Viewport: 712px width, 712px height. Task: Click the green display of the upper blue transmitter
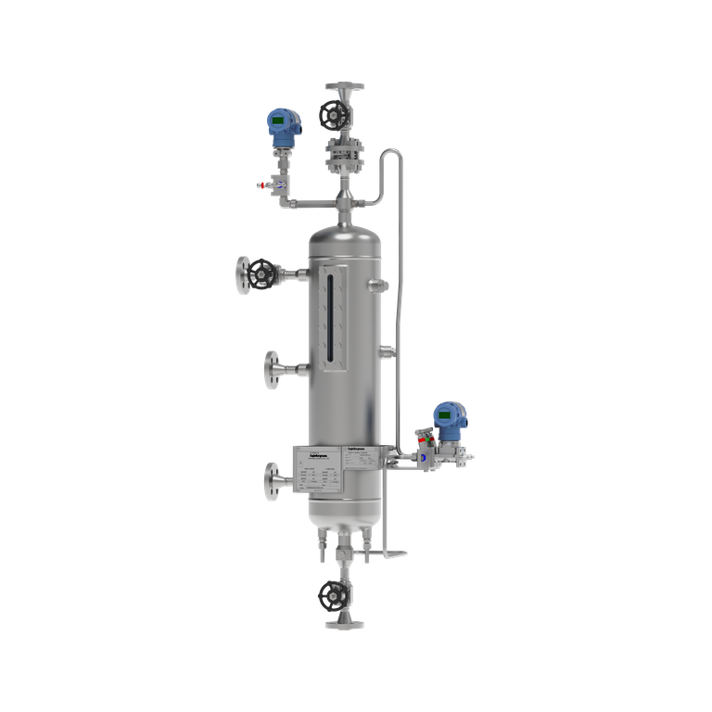tap(277, 121)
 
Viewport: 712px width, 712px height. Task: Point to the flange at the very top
tap(344, 87)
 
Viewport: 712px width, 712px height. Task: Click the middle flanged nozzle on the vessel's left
tap(274, 370)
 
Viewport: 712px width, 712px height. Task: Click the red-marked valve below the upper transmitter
tap(273, 185)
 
